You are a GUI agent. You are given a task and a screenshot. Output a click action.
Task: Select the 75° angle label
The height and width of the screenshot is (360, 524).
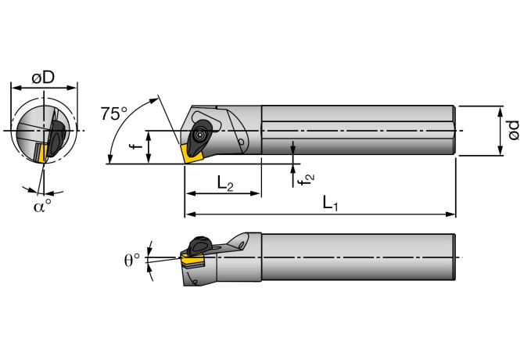click(113, 113)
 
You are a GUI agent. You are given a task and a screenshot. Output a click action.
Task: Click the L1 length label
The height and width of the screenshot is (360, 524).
click(330, 203)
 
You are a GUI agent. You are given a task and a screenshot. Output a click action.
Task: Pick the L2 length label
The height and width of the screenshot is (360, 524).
click(224, 184)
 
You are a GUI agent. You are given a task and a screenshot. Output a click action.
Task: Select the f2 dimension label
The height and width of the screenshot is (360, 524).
click(309, 178)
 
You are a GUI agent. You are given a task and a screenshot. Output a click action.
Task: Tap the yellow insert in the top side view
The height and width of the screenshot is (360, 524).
click(192, 152)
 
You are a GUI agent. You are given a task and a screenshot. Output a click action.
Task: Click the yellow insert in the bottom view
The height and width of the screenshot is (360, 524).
click(192, 256)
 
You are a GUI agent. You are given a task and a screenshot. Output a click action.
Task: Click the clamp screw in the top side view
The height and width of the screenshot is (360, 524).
click(202, 135)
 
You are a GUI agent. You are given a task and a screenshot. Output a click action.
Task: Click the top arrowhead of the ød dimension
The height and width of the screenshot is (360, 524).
click(499, 109)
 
